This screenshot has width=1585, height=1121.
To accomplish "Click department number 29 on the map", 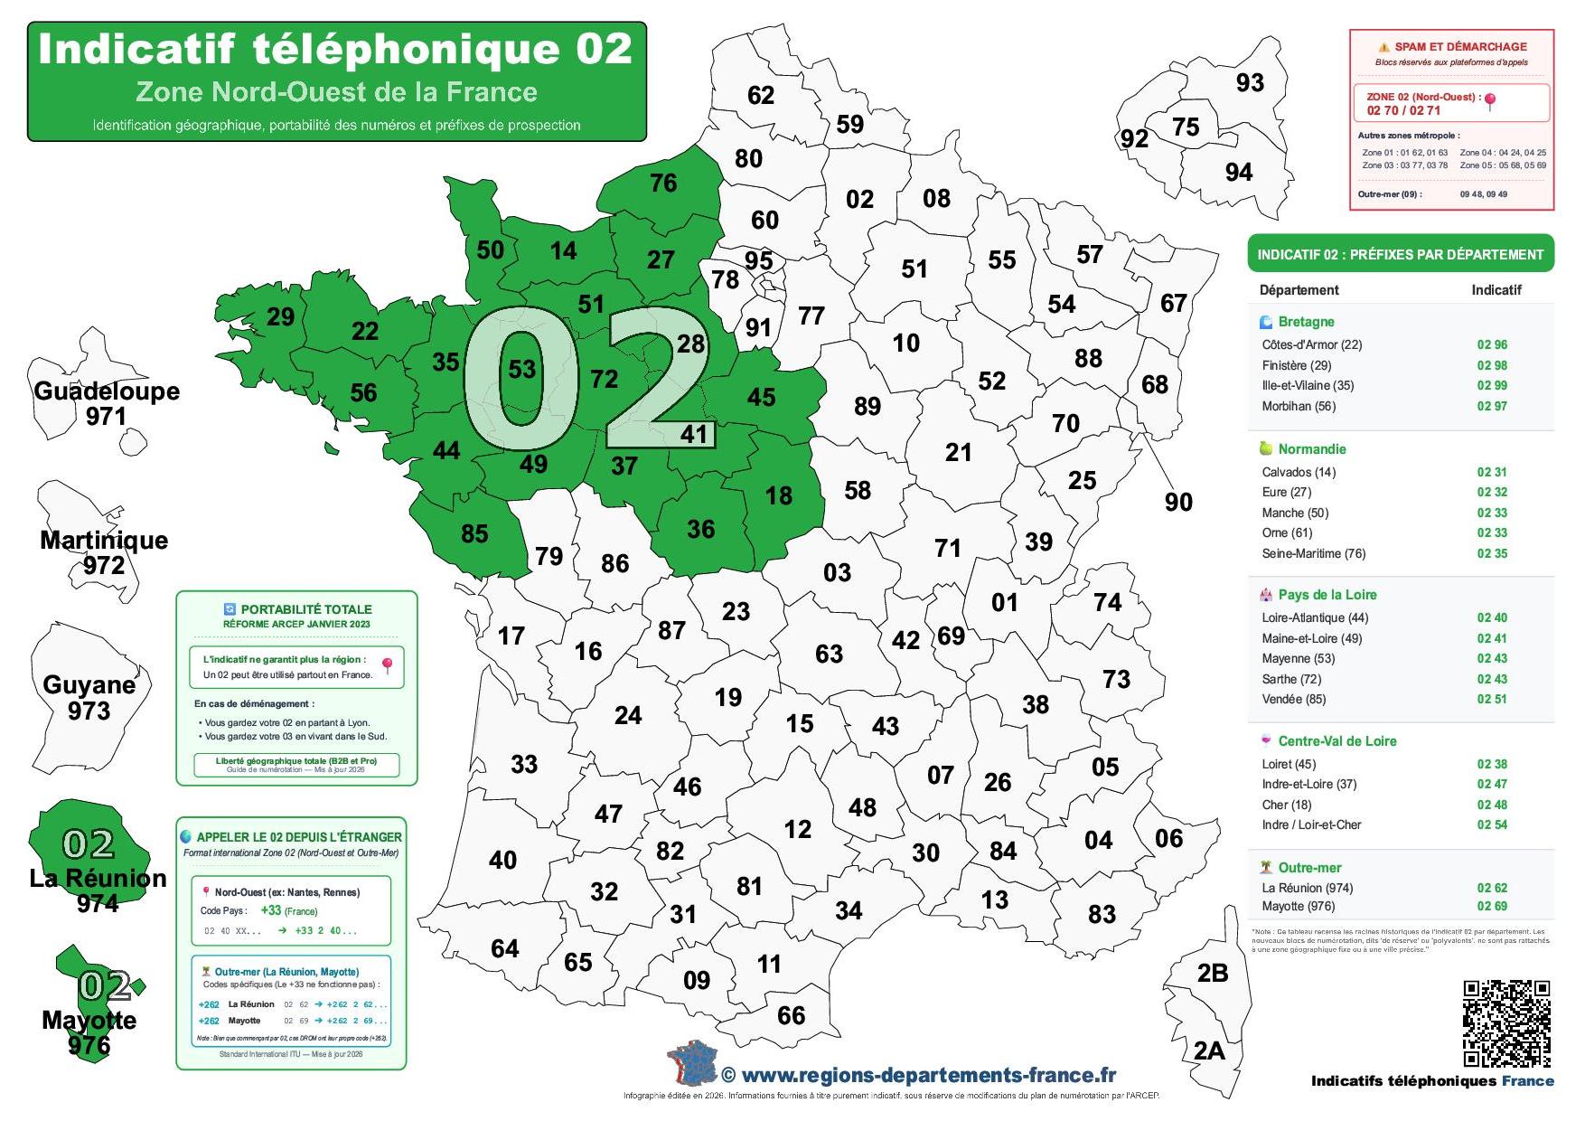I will [x=280, y=316].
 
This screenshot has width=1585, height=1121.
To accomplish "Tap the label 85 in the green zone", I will [x=474, y=533].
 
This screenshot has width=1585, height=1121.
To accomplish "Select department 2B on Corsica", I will [x=1212, y=973].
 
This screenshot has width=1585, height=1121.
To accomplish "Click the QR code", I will [x=1506, y=1022].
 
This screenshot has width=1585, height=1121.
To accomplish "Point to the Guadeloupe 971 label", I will [x=107, y=403].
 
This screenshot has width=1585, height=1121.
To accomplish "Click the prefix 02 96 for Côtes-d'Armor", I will [x=1492, y=344].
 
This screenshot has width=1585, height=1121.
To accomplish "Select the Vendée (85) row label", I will [x=1294, y=699].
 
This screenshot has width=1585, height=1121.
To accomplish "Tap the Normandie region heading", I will [x=1311, y=449].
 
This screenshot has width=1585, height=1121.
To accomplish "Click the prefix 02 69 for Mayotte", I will [x=1492, y=906].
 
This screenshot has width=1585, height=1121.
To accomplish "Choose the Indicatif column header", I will [x=1496, y=290].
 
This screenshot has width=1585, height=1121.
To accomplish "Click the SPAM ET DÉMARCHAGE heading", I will [x=1459, y=47].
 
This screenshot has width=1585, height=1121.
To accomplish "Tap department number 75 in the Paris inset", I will [x=1186, y=127].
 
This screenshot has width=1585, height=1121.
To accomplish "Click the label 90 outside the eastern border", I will [x=1178, y=502].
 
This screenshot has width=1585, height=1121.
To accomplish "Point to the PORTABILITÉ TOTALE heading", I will [x=305, y=609].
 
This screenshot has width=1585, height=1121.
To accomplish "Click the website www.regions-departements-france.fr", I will [x=928, y=1075].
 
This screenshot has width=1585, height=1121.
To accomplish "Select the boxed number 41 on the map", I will [x=694, y=434].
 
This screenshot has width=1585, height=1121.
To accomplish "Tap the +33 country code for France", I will [x=270, y=910].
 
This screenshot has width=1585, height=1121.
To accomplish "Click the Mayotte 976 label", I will [x=89, y=1032].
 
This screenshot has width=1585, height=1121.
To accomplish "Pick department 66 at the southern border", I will [x=791, y=1015].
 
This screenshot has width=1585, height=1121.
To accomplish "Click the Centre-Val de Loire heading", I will [x=1336, y=741].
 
